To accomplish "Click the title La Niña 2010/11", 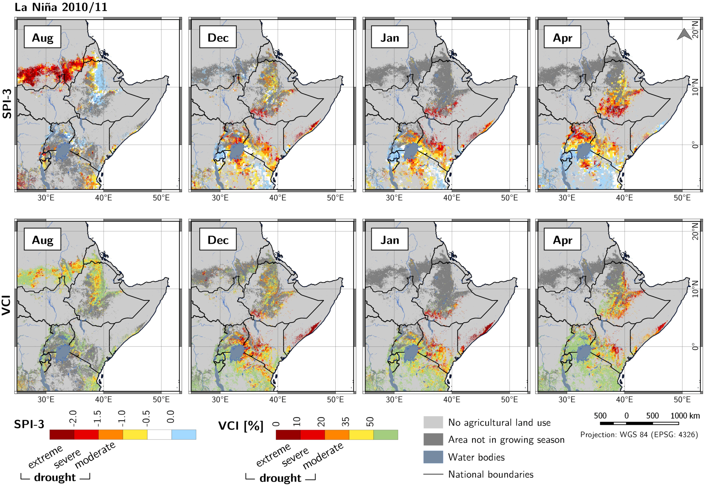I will tap(61, 7).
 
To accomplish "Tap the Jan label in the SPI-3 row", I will tap(390, 38).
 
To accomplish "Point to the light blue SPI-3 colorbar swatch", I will tap(184, 435).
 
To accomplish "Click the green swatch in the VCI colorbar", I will tap(386, 435).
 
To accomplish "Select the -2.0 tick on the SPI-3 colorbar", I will tap(73, 417).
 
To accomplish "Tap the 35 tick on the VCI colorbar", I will tap(346, 422).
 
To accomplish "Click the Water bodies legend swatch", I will tap(433, 457).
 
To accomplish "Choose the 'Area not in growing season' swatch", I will tap(433, 440).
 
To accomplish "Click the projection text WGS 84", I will tap(639, 435).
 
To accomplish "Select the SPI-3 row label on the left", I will tap(7, 103).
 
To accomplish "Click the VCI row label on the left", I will tap(7, 305).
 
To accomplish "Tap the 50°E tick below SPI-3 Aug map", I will tap(161, 198).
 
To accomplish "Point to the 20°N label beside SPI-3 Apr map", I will tap(695, 30).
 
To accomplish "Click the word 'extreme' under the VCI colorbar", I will tap(273, 455).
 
